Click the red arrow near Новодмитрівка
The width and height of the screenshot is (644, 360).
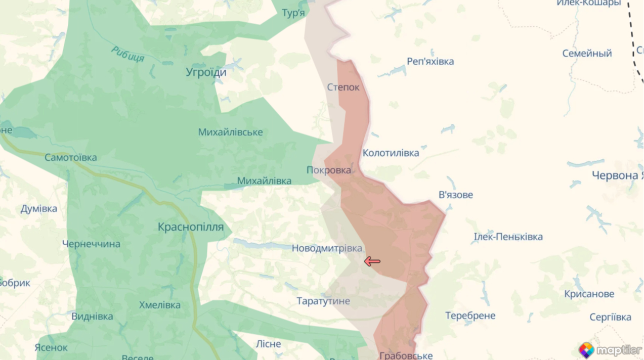[x=372, y=261]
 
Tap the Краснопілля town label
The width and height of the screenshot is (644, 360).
[x=191, y=227]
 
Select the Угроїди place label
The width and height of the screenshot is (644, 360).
[x=206, y=72]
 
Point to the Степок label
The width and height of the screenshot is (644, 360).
[x=343, y=87]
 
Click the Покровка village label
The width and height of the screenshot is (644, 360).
[x=329, y=170]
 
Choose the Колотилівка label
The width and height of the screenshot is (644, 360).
[x=391, y=153]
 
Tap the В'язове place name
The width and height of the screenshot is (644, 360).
[x=456, y=195]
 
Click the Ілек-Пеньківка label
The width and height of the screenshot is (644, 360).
[x=508, y=237]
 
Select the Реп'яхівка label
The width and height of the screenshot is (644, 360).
[x=431, y=62]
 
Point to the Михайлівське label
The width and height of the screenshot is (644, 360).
[x=231, y=132]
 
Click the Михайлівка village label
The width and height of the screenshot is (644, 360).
[x=264, y=181]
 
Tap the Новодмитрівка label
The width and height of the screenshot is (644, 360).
[x=327, y=248]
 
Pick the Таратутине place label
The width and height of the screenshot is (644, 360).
[x=323, y=301]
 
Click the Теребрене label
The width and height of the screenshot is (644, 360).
[x=470, y=316]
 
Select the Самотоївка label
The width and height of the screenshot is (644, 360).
[x=71, y=158]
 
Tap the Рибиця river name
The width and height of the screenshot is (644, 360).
[x=127, y=54]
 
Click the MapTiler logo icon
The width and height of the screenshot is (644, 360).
[x=586, y=350]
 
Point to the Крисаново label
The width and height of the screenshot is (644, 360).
[x=589, y=294]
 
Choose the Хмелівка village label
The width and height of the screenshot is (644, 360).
[x=160, y=305]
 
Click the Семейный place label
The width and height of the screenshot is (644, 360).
[x=587, y=53]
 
